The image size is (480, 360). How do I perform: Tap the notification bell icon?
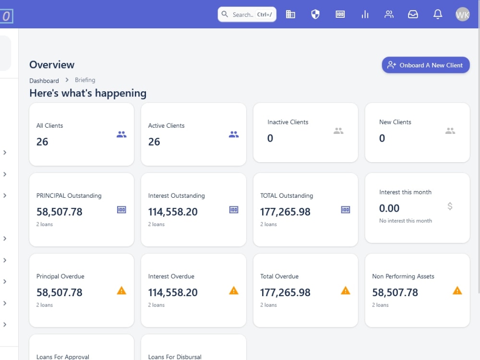(438, 14)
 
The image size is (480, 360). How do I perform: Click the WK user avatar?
(462, 14)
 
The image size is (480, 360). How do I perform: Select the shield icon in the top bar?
(315, 14)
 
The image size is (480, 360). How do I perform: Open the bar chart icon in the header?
(365, 14)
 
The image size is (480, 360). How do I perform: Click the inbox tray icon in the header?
(413, 14)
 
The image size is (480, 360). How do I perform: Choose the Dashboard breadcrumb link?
(44, 81)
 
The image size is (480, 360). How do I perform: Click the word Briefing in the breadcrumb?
(85, 80)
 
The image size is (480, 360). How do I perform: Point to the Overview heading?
(52, 65)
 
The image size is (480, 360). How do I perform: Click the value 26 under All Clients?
(42, 142)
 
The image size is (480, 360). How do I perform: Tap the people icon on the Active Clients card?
(234, 135)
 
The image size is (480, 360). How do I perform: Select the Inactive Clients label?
(288, 122)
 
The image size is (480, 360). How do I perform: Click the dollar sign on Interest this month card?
(450, 206)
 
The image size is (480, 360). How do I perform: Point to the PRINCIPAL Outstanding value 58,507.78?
(60, 212)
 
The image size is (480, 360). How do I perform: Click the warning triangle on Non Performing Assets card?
(457, 290)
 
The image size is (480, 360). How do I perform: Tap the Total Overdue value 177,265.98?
(285, 292)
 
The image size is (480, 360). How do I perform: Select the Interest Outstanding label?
(176, 196)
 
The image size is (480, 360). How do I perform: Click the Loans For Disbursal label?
(175, 357)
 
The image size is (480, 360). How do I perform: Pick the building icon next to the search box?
(290, 14)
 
